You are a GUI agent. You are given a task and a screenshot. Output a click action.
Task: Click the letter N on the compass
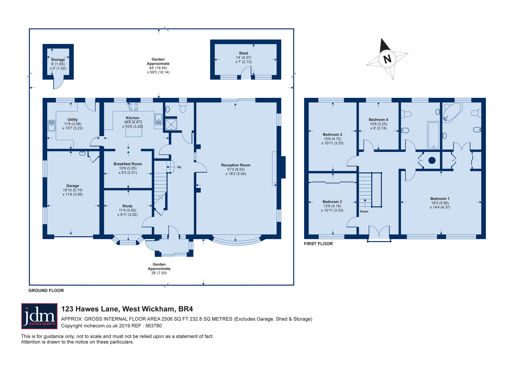point(387,59)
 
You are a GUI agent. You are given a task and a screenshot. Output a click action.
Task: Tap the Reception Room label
point(236,165)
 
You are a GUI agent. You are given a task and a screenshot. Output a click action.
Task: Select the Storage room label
point(58,60)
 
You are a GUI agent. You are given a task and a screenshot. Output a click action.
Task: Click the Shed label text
point(243,53)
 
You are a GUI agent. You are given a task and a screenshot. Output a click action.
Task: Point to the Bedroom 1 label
point(440,199)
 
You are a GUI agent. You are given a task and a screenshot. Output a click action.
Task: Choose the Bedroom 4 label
point(378,120)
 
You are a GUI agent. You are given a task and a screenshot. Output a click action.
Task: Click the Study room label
point(127,206)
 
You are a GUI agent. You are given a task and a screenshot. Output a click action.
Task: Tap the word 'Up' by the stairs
point(179,167)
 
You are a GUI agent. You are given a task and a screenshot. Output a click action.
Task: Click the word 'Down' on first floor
point(364,211)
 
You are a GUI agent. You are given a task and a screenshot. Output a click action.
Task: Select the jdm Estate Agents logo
point(39,316)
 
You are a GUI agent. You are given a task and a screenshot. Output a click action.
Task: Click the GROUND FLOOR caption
point(46,290)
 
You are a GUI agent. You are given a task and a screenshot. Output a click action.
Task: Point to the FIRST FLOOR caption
point(318,244)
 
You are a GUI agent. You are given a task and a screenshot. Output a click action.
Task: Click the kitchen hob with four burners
point(133,106)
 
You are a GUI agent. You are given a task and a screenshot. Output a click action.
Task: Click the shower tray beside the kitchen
point(171,124)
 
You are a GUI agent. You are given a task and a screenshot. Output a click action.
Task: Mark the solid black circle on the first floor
point(432,160)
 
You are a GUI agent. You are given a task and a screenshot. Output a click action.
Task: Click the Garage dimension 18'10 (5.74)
point(73,190)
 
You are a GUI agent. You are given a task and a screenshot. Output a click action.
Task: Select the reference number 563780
point(154,326)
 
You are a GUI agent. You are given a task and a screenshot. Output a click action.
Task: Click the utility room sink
point(52,126)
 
